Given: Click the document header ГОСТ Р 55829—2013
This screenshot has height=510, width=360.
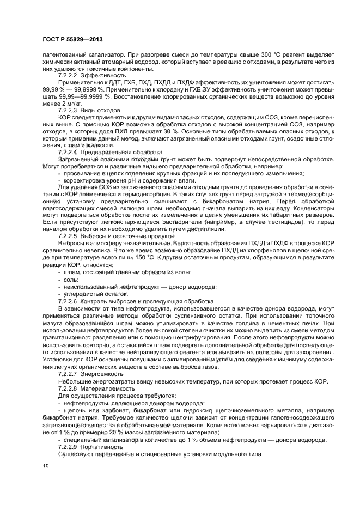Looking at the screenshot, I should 72,39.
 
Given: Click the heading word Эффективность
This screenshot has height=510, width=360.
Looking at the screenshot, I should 103,75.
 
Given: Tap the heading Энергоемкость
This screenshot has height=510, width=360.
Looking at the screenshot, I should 102,375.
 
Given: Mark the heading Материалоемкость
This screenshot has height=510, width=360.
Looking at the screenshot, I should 108,390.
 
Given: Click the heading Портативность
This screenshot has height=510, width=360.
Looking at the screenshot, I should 102,446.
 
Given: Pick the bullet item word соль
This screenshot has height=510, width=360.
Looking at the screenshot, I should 71,279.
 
